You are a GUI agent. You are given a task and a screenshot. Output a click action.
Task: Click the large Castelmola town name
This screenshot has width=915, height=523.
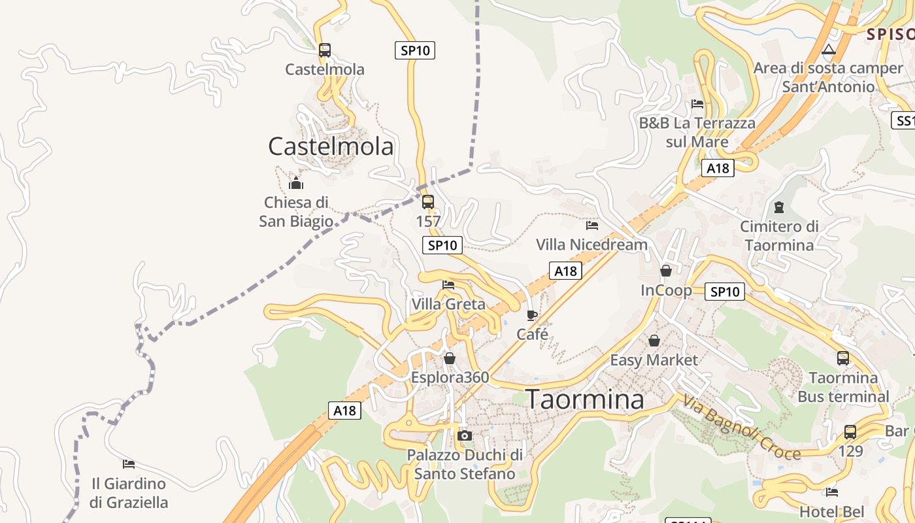click(331, 146)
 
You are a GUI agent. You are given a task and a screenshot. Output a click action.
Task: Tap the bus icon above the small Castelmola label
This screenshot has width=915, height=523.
click(325, 50)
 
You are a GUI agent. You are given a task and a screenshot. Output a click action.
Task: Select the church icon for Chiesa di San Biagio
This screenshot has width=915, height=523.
click(296, 183)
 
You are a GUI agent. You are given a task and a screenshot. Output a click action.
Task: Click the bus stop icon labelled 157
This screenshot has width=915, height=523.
click(428, 202)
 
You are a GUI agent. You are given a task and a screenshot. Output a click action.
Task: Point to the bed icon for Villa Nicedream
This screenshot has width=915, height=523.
click(592, 226)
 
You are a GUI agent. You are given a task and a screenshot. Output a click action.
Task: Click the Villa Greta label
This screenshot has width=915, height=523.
click(448, 304)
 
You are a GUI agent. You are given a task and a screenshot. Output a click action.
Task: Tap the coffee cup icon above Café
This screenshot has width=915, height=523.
click(532, 316)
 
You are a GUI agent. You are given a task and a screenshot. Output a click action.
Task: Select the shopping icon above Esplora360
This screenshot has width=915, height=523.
click(450, 358)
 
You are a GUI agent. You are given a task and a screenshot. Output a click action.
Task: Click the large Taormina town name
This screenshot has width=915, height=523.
click(585, 399)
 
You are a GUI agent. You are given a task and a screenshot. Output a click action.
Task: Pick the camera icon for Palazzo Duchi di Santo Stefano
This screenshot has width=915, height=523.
click(465, 435)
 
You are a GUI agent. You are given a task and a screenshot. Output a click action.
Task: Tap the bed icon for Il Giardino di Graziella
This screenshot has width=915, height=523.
click(129, 464)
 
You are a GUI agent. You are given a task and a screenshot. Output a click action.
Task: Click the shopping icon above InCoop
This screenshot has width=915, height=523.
click(666, 271)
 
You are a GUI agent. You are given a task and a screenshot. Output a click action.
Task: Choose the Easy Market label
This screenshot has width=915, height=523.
click(654, 360)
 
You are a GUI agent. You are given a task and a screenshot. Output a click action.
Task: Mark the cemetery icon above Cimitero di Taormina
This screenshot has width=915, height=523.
click(778, 207)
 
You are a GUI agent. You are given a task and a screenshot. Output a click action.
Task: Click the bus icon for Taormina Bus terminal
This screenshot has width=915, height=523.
click(843, 358)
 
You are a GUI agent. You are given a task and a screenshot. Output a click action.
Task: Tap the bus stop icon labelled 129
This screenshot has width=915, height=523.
click(850, 432)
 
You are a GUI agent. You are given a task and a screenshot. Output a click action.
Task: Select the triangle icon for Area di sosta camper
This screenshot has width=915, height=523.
click(829, 49)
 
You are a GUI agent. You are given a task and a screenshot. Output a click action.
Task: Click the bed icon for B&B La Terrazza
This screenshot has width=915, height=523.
click(697, 103)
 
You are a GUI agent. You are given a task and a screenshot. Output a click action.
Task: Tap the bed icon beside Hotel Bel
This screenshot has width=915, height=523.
click(832, 492)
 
